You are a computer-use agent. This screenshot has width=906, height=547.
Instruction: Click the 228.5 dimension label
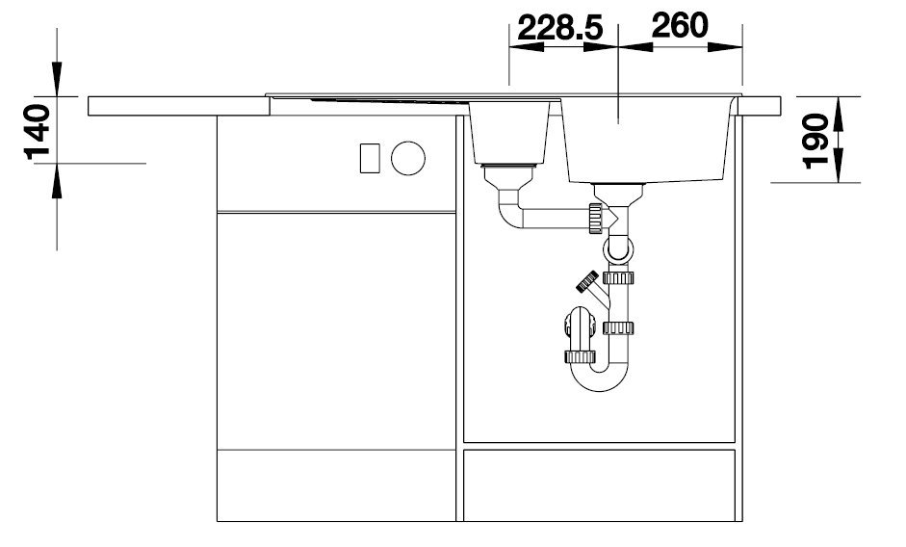[560, 28]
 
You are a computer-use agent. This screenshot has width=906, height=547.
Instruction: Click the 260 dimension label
[680, 25]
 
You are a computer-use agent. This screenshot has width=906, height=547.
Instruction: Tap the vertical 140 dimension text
[37, 132]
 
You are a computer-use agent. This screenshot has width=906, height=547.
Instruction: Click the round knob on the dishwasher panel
[408, 158]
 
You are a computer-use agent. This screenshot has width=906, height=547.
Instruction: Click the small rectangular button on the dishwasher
[370, 158]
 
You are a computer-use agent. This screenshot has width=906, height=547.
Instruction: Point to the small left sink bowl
[508, 132]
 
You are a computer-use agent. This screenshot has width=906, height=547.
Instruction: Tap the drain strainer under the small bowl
[509, 177]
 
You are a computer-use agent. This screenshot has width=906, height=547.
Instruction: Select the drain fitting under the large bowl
[618, 194]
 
